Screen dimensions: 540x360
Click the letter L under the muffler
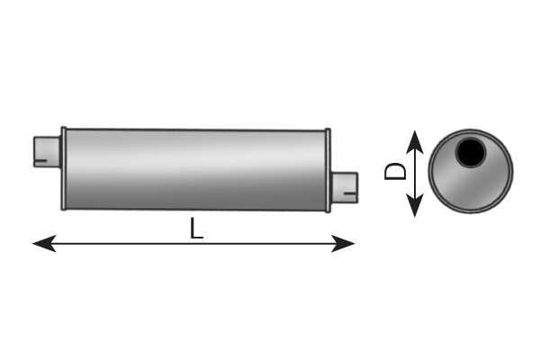tap(196, 229)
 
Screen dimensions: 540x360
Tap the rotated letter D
tap(395, 171)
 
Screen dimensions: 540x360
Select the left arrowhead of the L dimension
tap(44, 244)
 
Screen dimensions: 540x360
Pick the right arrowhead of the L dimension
tap(343, 244)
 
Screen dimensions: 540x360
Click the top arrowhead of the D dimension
tap(415, 141)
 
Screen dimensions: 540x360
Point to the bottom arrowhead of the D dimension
tap(415, 205)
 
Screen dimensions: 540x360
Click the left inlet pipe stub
tap(47, 152)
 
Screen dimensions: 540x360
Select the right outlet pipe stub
tap(345, 187)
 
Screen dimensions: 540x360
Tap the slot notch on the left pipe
tap(40, 160)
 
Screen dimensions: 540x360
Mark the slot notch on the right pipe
tap(351, 194)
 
